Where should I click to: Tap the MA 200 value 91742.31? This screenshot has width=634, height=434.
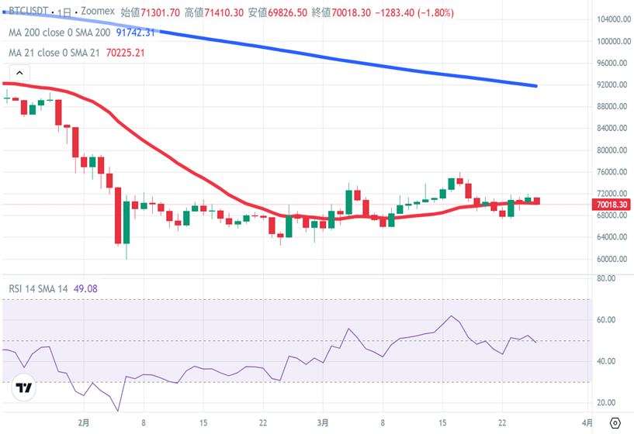pyautogui.click(x=136, y=33)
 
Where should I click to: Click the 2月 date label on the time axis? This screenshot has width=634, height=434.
pyautogui.click(x=84, y=423)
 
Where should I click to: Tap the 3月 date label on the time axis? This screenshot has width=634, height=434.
pyautogui.click(x=324, y=423)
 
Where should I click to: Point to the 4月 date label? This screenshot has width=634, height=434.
pyautogui.click(x=588, y=423)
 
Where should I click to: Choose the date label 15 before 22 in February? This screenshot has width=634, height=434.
pyautogui.click(x=203, y=423)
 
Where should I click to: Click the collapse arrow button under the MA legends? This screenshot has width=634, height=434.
pyautogui.click(x=18, y=74)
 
